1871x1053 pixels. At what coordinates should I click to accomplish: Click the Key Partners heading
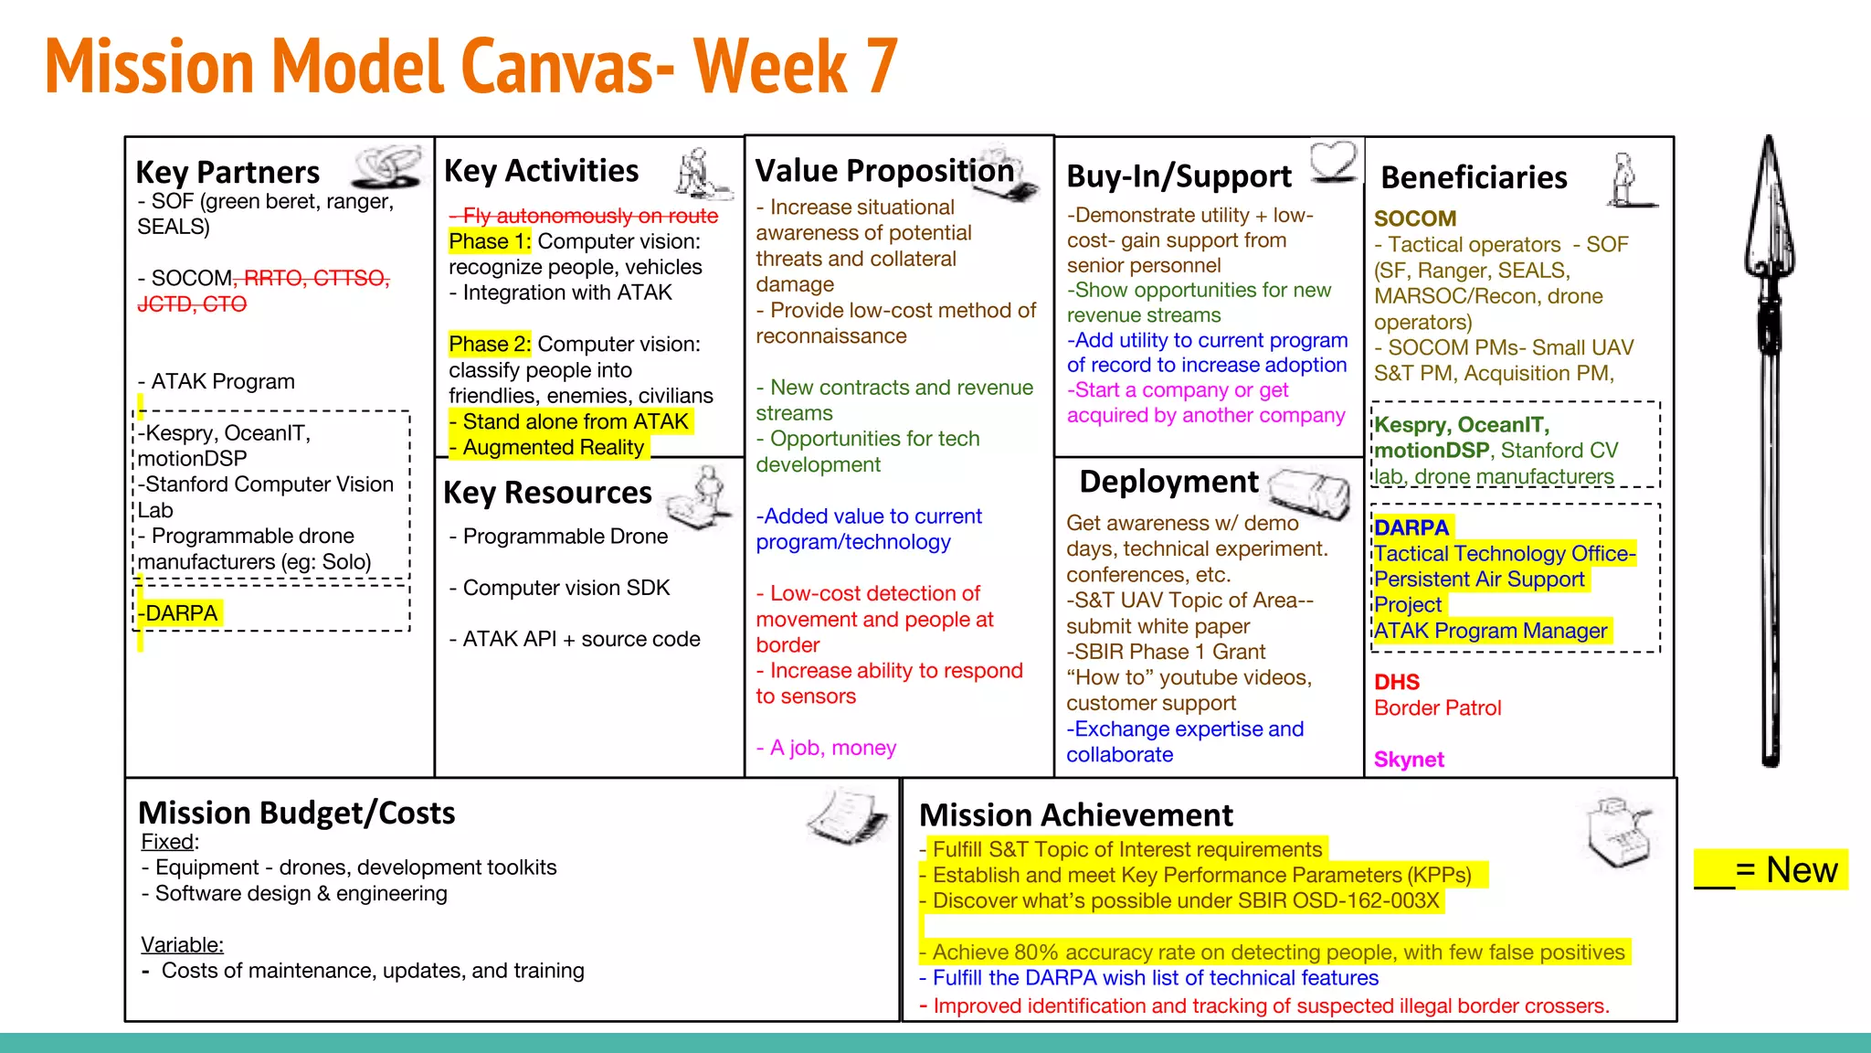[x=227, y=172]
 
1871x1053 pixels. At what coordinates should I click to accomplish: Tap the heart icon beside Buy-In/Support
[x=1334, y=160]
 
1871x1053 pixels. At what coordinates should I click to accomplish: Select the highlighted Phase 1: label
[x=490, y=241]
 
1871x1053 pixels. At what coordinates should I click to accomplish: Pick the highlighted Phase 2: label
[x=490, y=345]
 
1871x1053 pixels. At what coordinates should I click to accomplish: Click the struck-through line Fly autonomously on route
[x=585, y=216]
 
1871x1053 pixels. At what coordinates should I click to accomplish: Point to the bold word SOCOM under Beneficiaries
[x=1415, y=218]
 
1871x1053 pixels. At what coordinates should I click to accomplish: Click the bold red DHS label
[x=1397, y=682]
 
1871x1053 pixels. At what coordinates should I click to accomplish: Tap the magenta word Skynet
[x=1409, y=760]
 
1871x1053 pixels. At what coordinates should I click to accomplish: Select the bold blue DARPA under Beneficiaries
[x=1411, y=527]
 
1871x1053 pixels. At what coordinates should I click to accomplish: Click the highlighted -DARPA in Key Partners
[x=182, y=613]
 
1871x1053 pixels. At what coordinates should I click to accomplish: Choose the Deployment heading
[x=1168, y=482]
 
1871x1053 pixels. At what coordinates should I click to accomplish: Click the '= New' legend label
[x=1785, y=869]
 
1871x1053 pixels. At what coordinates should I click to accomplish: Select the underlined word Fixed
[x=168, y=842]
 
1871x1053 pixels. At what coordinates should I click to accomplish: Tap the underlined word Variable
[x=182, y=945]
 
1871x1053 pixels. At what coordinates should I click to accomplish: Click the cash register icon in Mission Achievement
[x=1620, y=833]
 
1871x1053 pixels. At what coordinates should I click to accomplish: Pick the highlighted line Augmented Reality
[x=552, y=448]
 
